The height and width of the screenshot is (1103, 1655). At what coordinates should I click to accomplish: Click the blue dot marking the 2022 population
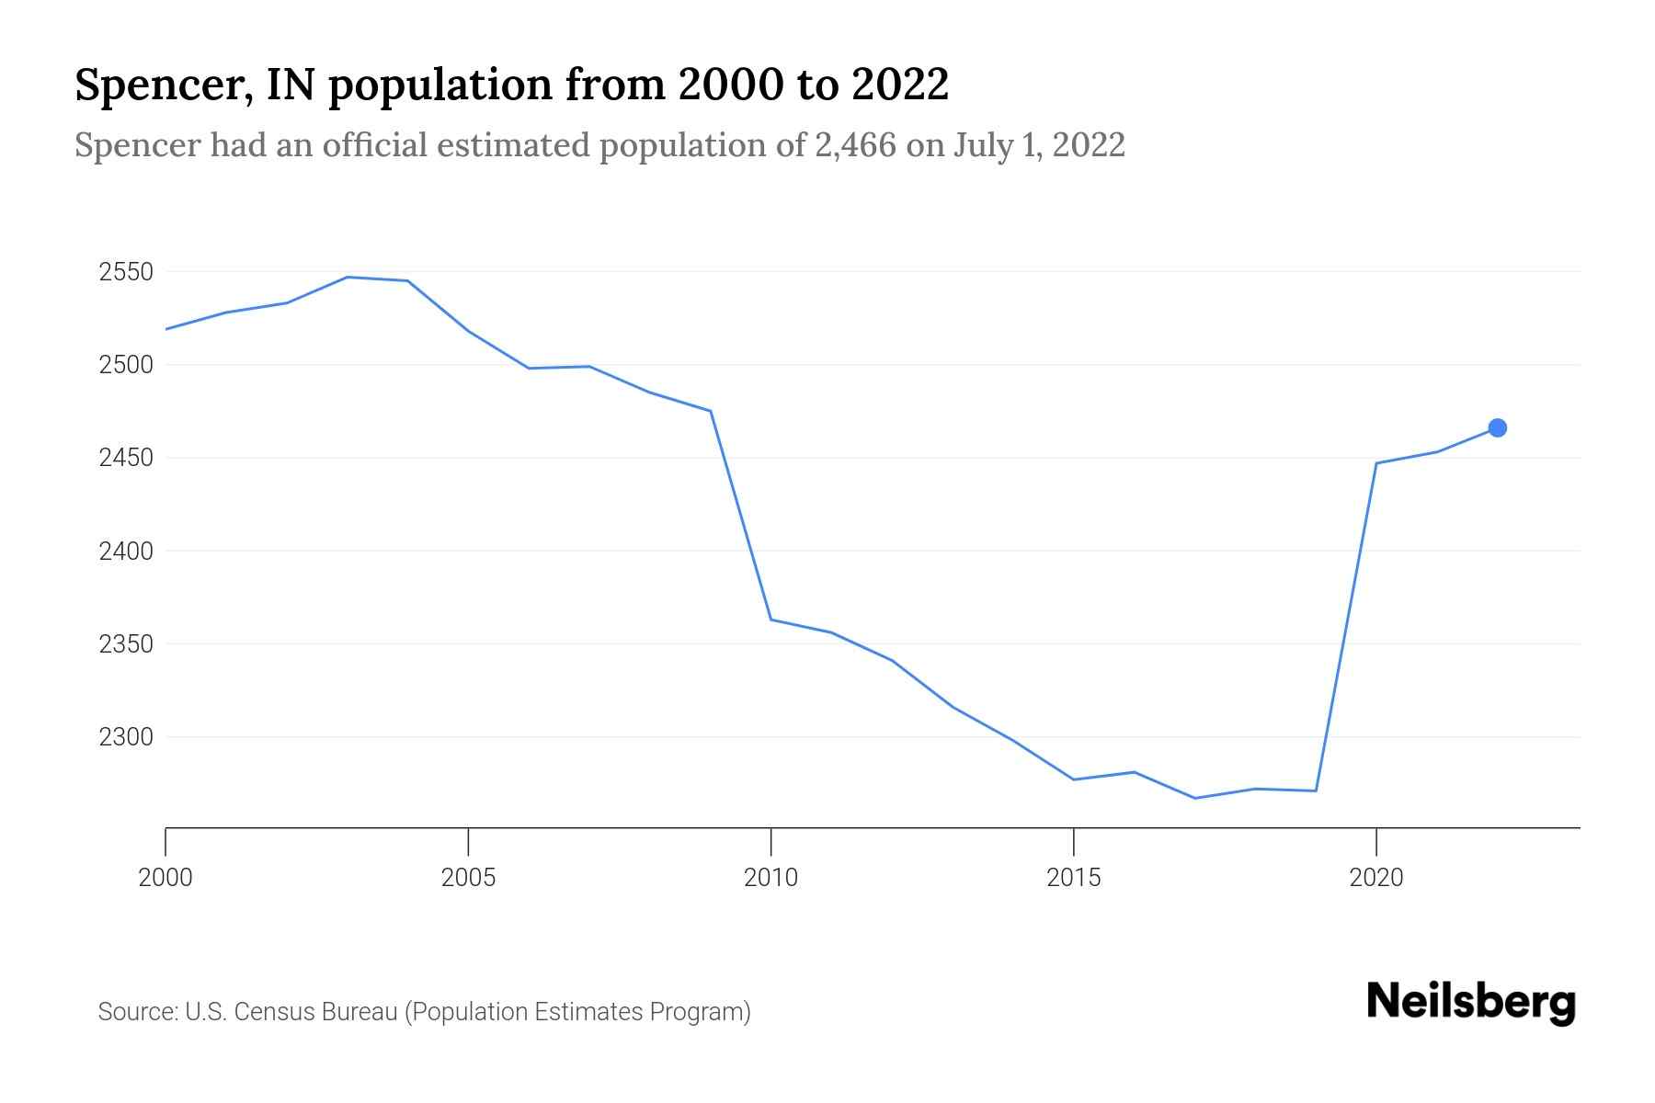pos(1497,427)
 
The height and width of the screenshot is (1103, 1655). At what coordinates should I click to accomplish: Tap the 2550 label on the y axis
pos(126,272)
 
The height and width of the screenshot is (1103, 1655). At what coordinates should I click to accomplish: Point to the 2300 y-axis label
pos(126,737)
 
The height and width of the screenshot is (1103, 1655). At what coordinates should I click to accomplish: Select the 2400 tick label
pos(126,551)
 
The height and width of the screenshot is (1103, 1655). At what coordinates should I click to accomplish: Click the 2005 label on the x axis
pos(468,878)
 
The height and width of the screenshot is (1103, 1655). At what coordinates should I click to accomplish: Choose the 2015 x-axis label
pos(1073,878)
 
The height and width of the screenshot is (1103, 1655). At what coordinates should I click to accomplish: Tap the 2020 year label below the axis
pos(1375,878)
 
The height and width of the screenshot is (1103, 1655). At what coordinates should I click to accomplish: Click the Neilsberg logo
pos(1471,1002)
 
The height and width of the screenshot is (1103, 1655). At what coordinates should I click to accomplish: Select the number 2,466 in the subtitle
pos(855,145)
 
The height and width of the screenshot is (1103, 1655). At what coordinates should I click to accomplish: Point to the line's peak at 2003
pos(348,277)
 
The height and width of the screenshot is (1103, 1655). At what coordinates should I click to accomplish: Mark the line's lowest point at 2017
pos(1194,798)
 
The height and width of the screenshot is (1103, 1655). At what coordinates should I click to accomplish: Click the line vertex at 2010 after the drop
pos(770,620)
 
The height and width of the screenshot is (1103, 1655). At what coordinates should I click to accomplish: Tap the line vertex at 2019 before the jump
pos(1316,790)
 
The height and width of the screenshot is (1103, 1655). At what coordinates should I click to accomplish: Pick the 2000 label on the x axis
pos(165,878)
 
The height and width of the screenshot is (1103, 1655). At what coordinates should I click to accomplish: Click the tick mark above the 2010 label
pos(770,840)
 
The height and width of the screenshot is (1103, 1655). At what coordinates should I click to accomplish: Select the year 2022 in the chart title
pos(899,85)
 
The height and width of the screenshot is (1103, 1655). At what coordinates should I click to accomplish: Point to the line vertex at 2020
pos(1375,463)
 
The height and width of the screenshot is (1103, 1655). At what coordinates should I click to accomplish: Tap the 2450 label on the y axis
pos(126,458)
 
